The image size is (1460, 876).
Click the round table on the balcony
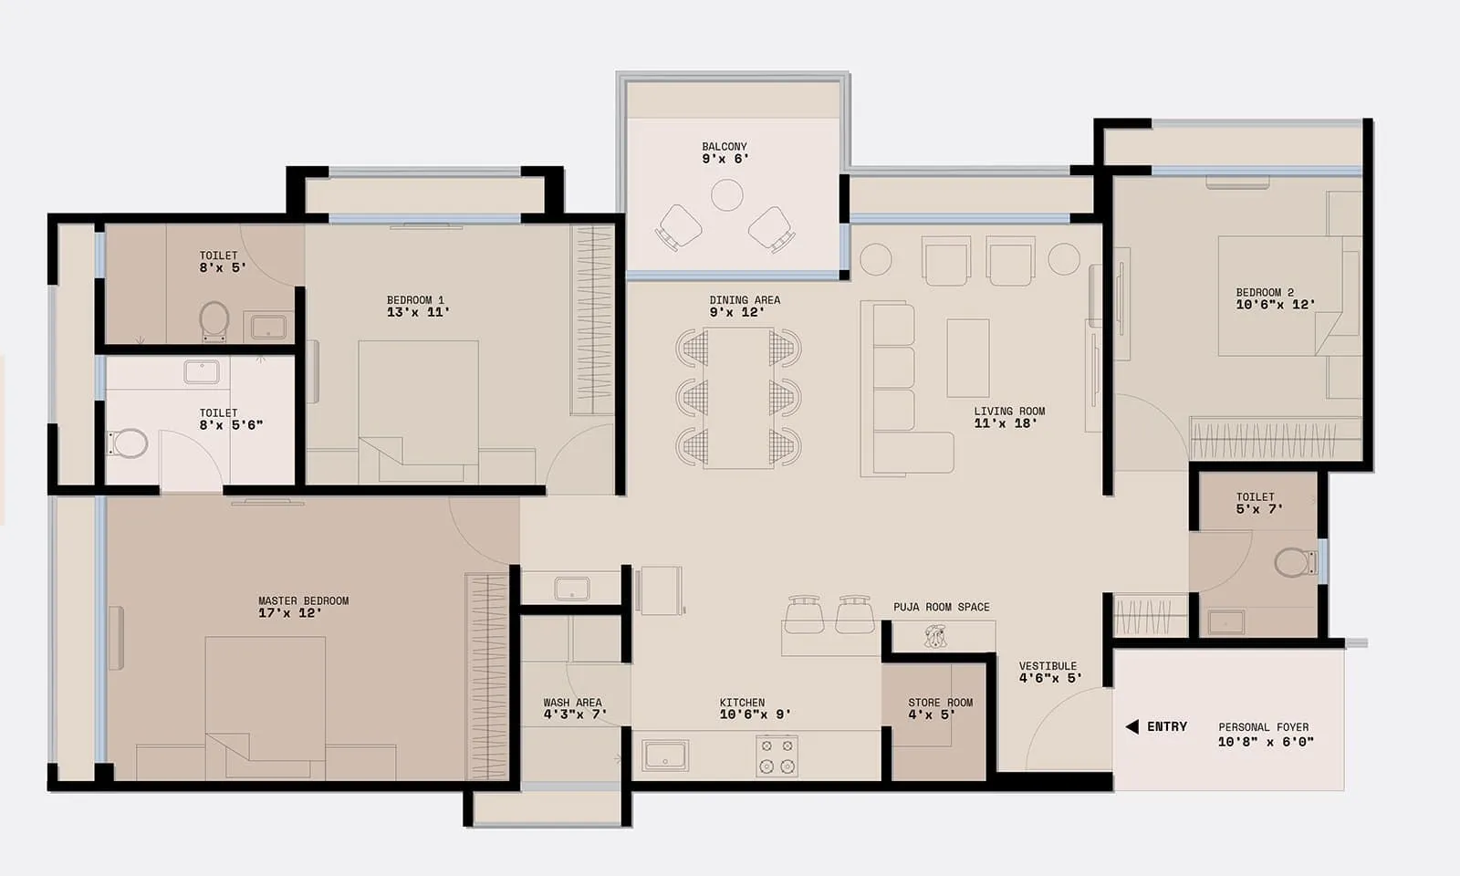coord(727,195)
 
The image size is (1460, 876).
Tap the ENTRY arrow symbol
coord(1132,726)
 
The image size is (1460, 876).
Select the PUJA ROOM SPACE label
coord(941,607)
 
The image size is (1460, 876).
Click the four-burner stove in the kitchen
coord(777,756)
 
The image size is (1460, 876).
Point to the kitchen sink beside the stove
coord(665,756)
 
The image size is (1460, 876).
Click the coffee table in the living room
coord(968,358)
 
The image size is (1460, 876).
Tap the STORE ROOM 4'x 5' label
coord(940,709)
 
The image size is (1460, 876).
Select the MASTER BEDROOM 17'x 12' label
coord(303,607)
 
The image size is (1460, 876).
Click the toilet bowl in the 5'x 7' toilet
coord(1293,562)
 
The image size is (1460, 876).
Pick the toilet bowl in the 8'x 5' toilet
coord(214,319)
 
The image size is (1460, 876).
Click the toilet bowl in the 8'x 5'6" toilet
coord(130,443)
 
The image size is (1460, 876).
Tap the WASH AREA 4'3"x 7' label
coord(573,709)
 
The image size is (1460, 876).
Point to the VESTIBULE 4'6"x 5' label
coord(1048,673)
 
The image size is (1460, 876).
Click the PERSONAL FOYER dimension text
coord(1265,742)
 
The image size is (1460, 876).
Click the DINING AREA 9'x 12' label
coord(745,306)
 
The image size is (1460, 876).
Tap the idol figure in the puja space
coord(934,636)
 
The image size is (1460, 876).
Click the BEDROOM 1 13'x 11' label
coord(416,306)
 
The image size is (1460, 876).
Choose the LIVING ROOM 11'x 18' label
coord(1008,417)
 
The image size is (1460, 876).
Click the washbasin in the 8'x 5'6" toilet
coord(201,371)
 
